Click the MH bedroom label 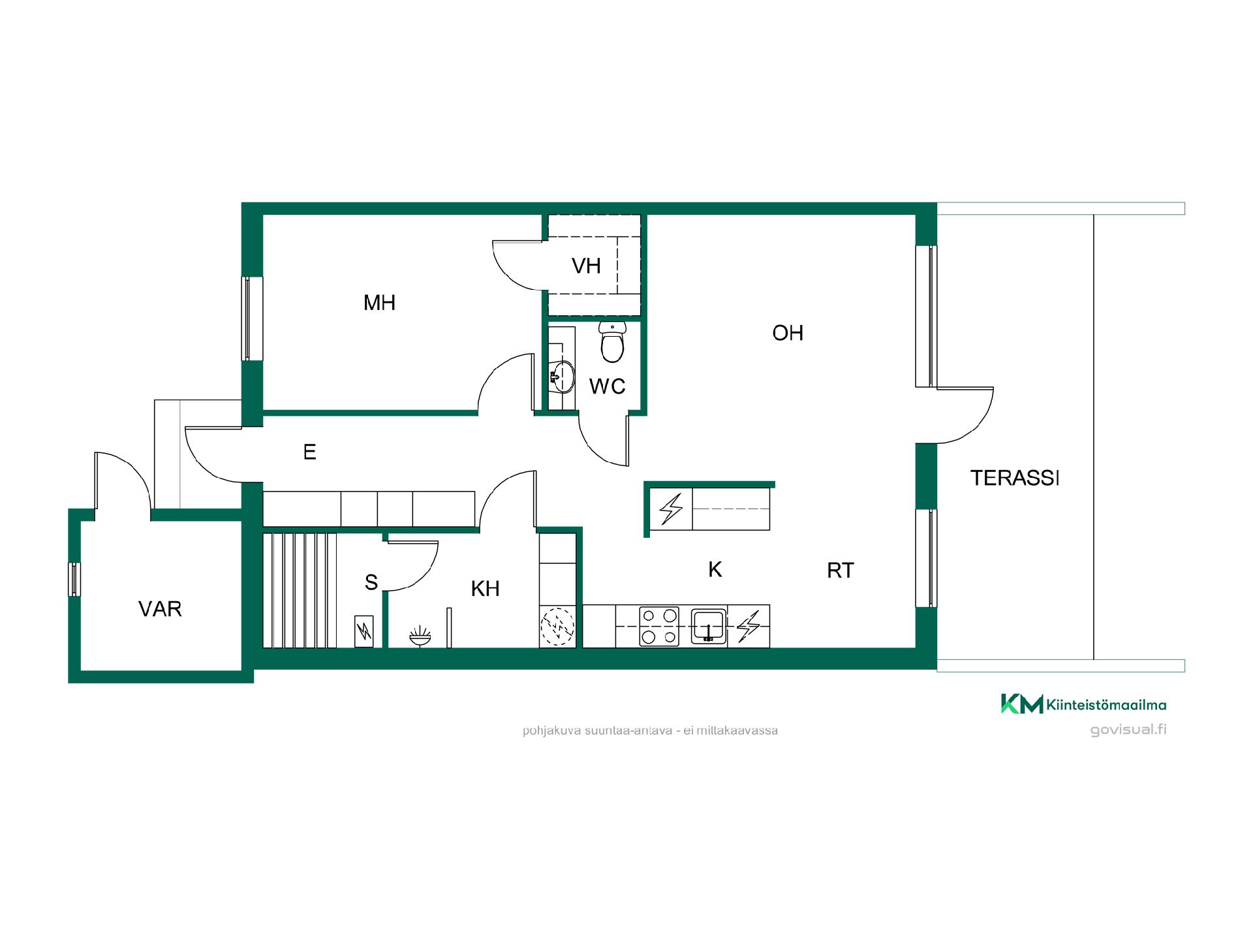(x=379, y=303)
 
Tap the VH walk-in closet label (x=586, y=266)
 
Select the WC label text (x=608, y=386)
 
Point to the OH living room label (x=788, y=333)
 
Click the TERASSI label (x=1014, y=478)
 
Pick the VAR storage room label (x=160, y=609)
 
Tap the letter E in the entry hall (x=309, y=452)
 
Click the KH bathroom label (x=485, y=589)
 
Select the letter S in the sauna (x=371, y=582)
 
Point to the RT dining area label (x=840, y=571)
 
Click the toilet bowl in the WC (x=612, y=342)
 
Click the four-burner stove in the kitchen (x=659, y=627)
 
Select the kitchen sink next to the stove (x=709, y=627)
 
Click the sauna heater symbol (x=364, y=631)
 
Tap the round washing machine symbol (x=557, y=627)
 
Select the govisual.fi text (x=1128, y=730)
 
